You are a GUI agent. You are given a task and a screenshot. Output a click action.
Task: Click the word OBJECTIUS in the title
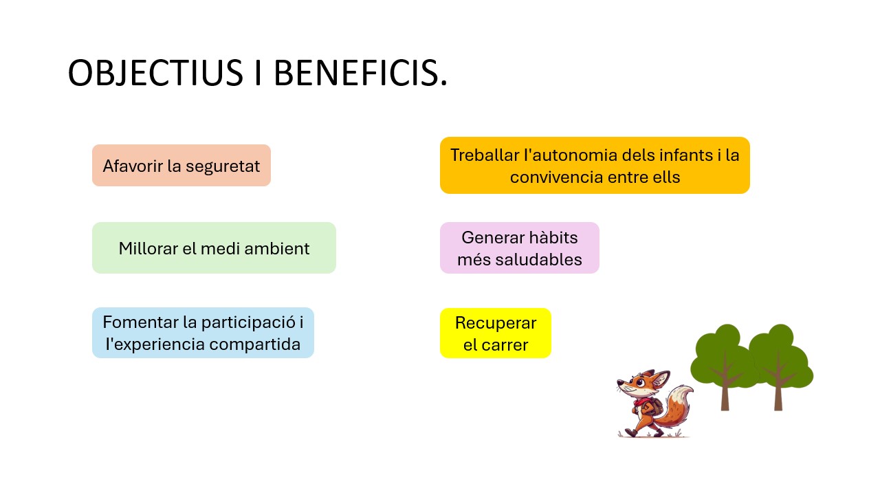155,73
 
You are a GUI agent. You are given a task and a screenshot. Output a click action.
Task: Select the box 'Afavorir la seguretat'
181,166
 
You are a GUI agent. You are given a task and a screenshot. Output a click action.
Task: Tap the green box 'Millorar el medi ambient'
214,248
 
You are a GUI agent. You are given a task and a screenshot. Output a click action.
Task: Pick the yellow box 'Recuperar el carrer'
496,333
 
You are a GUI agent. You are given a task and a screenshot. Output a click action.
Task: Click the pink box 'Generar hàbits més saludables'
519,248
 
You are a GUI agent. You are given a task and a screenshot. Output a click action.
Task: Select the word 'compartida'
254,345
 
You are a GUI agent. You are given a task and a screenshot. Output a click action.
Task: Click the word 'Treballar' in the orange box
485,155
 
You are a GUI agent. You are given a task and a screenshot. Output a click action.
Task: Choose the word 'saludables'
538,260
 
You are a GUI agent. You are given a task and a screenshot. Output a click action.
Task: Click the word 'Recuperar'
496,323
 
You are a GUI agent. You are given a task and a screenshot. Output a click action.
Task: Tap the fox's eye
639,382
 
